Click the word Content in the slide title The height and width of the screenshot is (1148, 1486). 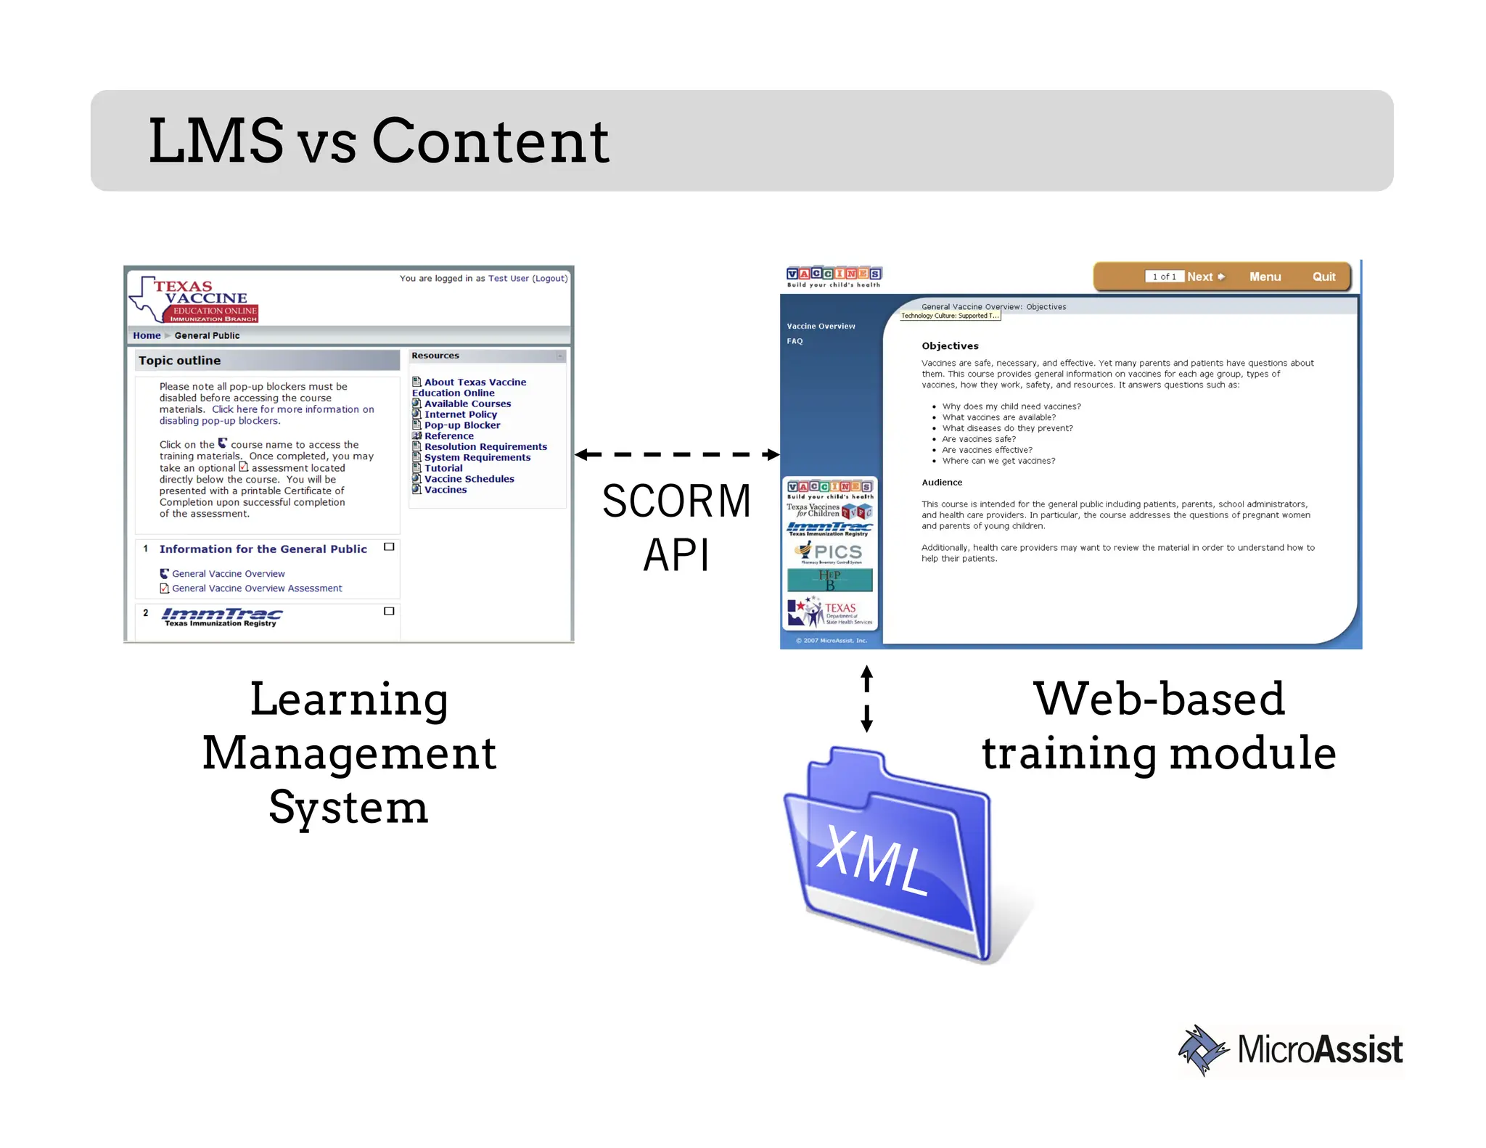pos(490,142)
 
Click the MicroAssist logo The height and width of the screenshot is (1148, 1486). pos(1290,1050)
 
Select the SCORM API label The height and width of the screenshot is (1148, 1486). pos(676,528)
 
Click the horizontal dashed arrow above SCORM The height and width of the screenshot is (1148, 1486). pos(676,455)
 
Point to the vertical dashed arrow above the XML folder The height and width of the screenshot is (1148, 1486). pos(866,698)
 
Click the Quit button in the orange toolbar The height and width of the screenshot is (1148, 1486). pos(1323,276)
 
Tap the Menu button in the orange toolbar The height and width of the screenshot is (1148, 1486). pos(1265,276)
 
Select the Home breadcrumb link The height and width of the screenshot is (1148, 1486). pos(147,335)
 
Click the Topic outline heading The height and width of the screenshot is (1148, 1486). pos(180,361)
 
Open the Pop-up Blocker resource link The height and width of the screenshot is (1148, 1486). pos(461,425)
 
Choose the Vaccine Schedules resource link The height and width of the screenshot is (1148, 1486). pos(469,479)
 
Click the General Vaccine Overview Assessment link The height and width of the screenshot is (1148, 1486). pos(257,589)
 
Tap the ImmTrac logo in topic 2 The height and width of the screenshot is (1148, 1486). pos(221,617)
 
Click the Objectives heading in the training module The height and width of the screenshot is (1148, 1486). pos(950,346)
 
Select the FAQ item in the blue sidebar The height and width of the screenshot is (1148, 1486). pos(795,341)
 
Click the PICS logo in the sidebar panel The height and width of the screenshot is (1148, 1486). pos(831,553)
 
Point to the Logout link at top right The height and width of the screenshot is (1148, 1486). pos(550,279)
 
